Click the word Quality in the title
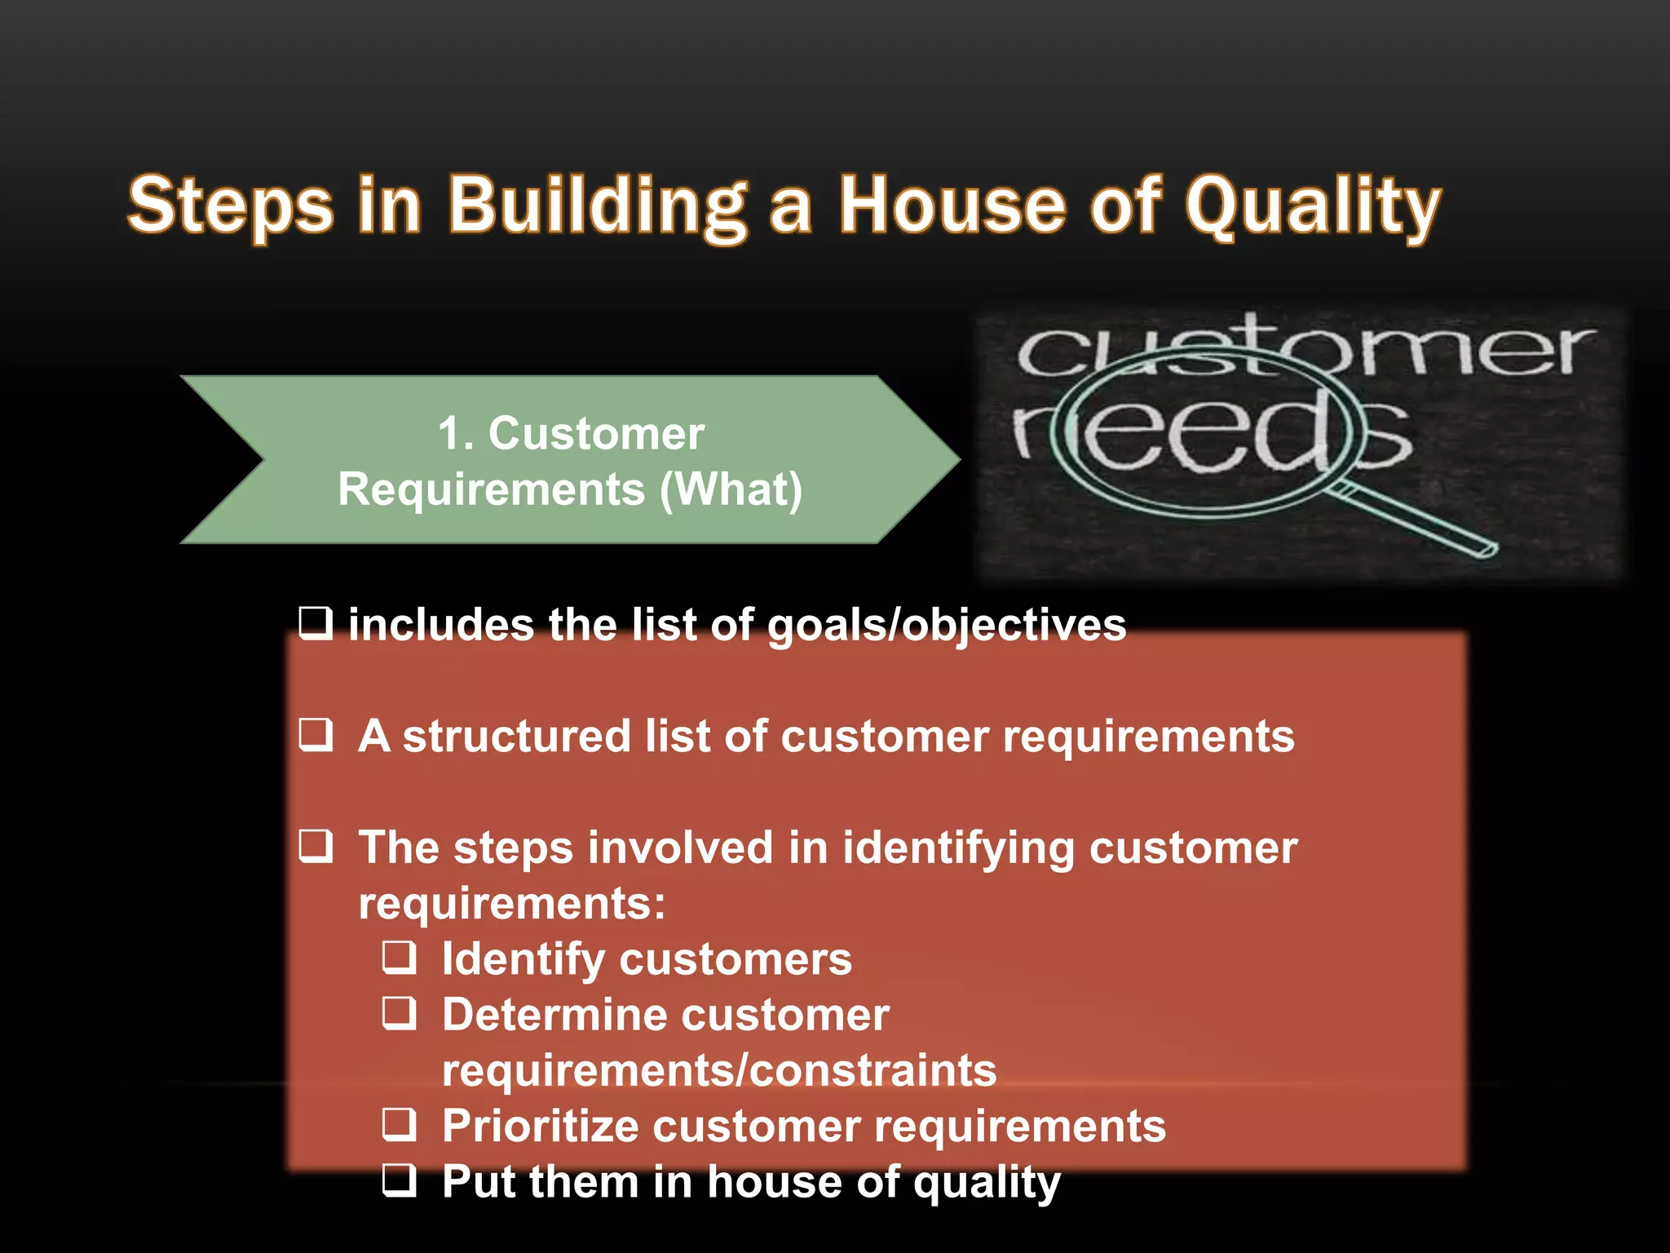(x=1312, y=206)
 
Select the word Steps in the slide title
(x=231, y=206)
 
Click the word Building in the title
(x=597, y=206)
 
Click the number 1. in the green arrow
(x=455, y=433)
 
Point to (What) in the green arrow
(x=731, y=489)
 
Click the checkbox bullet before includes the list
(x=316, y=623)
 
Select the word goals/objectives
(x=946, y=626)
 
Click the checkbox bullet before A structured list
(x=316, y=734)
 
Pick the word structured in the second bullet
(x=516, y=736)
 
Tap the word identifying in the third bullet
(x=957, y=848)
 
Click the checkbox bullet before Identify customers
(x=400, y=957)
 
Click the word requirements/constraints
(x=718, y=1070)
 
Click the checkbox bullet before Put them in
(x=400, y=1180)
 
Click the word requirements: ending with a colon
(x=512, y=904)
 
